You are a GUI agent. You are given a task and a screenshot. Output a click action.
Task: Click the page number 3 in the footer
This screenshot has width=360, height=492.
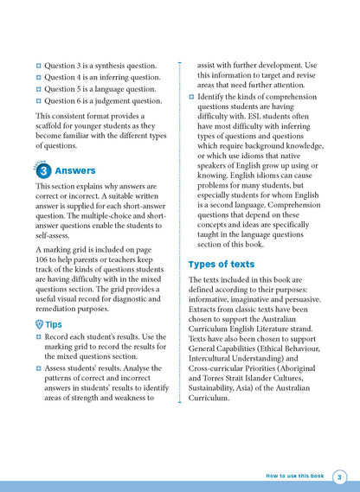point(339,476)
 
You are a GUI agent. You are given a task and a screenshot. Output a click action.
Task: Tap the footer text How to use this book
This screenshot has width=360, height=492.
point(295,476)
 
